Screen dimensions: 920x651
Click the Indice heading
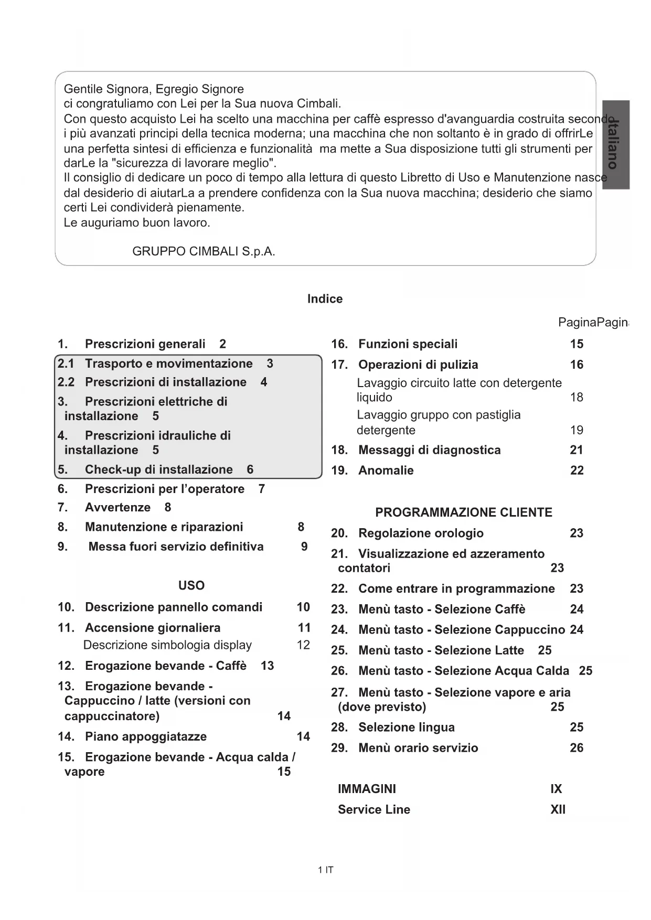click(325, 299)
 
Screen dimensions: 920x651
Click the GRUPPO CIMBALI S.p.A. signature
click(204, 251)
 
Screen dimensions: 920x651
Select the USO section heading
click(191, 585)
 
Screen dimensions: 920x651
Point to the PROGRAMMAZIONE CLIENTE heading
click(464, 512)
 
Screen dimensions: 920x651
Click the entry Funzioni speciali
click(408, 344)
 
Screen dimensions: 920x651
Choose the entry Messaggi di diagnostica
click(429, 450)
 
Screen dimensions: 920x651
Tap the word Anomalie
click(386, 470)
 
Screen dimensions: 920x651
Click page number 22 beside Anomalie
click(577, 470)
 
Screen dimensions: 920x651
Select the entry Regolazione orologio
click(421, 533)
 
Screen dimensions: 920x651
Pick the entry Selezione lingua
click(406, 728)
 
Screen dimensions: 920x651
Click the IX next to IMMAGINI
click(556, 789)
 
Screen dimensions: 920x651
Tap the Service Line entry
click(374, 810)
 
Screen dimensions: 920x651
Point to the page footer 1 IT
click(325, 870)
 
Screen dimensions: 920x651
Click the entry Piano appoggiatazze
click(146, 737)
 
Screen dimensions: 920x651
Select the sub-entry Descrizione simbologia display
click(167, 645)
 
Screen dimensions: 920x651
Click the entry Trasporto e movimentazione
click(168, 363)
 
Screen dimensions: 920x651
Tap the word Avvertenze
click(118, 508)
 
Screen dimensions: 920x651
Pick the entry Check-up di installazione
click(158, 469)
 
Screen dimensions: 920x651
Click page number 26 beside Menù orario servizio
click(577, 748)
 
